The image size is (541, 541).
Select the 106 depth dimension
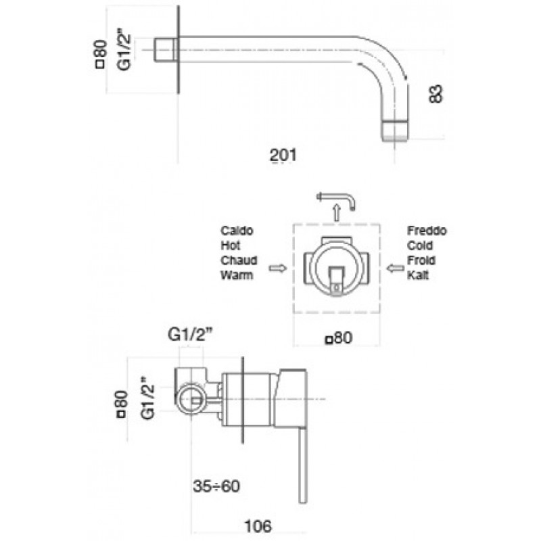258,525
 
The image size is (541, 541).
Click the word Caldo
235,230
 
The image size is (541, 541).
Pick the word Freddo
427,230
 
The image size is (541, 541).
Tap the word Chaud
235,260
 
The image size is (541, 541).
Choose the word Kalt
419,275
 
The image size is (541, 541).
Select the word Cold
420,245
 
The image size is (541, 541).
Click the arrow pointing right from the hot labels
277,268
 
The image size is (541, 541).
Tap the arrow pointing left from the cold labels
394,268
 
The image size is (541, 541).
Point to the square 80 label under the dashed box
340,338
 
